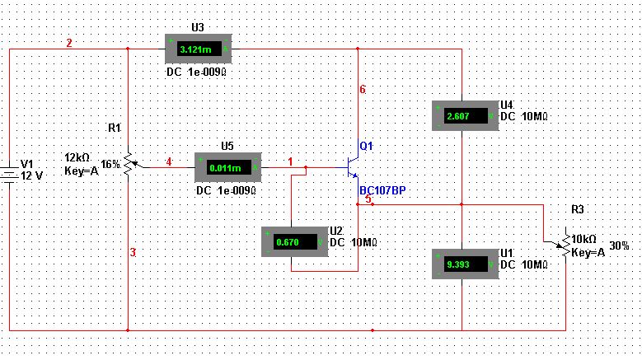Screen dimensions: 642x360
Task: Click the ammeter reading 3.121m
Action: point(198,49)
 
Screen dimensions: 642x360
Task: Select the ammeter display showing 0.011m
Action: point(227,167)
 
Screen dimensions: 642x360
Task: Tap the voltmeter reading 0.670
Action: point(295,241)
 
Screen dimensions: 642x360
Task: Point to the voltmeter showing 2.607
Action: point(466,116)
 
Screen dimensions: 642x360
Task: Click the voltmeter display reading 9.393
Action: point(466,264)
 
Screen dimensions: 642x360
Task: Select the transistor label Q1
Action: point(366,146)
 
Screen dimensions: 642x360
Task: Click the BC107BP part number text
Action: point(382,190)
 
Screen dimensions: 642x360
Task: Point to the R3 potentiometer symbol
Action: point(565,244)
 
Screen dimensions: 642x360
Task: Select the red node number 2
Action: point(69,43)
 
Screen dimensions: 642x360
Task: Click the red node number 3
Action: point(133,252)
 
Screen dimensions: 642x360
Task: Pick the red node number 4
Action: point(169,162)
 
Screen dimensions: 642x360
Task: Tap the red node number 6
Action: point(363,89)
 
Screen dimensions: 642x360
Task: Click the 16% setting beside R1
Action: point(110,165)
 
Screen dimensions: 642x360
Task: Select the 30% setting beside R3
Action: point(619,245)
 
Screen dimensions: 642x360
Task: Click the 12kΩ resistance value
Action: point(77,157)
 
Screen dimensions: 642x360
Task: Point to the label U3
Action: point(198,27)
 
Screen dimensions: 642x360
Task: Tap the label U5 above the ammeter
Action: point(227,146)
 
